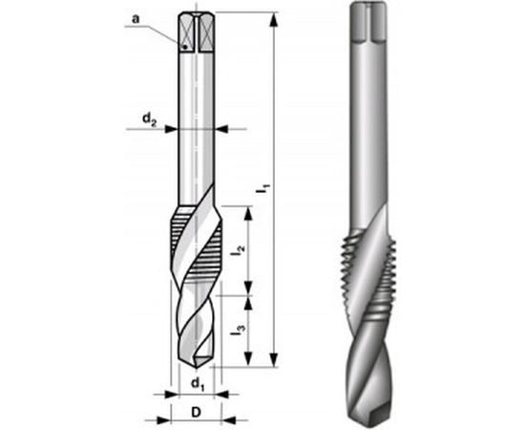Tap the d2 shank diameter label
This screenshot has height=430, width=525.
coord(150,118)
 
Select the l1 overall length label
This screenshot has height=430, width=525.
coord(261,192)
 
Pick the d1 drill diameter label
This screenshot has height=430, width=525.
coord(197,384)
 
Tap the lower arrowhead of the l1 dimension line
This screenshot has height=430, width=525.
coord(274,364)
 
